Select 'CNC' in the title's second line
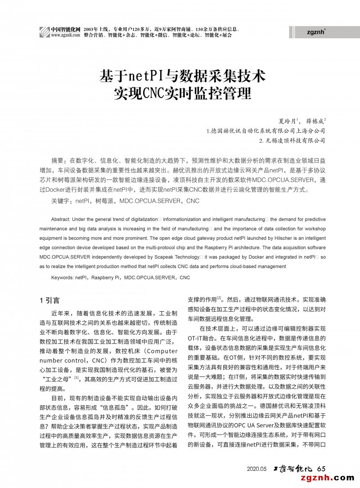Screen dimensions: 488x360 coord(155,94)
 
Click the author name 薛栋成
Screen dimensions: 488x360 coord(314,121)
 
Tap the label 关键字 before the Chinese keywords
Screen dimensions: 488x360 coord(62,201)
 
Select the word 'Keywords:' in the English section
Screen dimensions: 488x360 coord(63,278)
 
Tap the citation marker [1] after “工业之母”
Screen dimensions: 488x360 coord(76,378)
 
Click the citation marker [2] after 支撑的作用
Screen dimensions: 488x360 coord(219,297)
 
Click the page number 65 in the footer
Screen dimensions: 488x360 coord(321,469)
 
